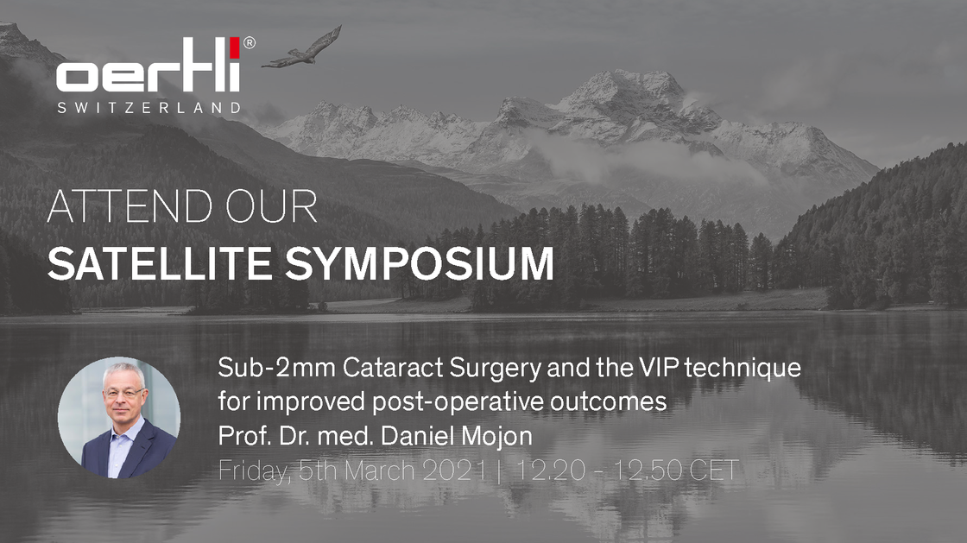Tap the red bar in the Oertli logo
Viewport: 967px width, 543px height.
pyautogui.click(x=235, y=48)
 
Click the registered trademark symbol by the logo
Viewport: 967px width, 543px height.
pyautogui.click(x=250, y=42)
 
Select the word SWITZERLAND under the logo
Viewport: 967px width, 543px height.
pyautogui.click(x=149, y=107)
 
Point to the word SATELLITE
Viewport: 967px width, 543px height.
pyautogui.click(x=159, y=263)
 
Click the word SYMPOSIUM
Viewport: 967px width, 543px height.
pyautogui.click(x=420, y=263)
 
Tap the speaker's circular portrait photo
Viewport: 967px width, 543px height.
pyautogui.click(x=119, y=418)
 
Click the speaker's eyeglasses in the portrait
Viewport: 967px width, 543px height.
pyautogui.click(x=123, y=392)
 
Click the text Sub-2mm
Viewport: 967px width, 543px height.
pyautogui.click(x=276, y=368)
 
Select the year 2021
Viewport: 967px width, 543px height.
pyautogui.click(x=454, y=470)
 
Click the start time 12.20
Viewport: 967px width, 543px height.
pyautogui.click(x=549, y=470)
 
